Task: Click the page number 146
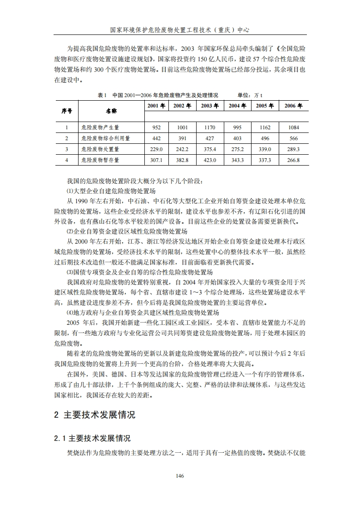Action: point(180,475)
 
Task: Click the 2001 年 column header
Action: point(156,106)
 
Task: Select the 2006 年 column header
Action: point(293,106)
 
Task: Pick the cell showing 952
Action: point(157,127)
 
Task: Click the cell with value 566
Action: point(293,138)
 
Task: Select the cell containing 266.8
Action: point(293,160)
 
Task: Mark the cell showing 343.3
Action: point(237,160)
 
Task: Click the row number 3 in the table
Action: point(66,149)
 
